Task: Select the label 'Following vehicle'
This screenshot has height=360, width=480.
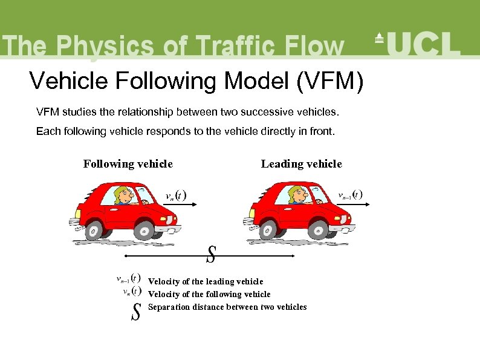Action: pyautogui.click(x=128, y=164)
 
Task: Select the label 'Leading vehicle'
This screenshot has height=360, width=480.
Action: pyautogui.click(x=301, y=164)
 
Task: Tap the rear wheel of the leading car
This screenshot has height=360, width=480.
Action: pyautogui.click(x=267, y=229)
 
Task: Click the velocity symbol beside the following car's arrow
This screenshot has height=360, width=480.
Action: pyautogui.click(x=176, y=196)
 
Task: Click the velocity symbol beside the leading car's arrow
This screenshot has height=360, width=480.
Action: pyautogui.click(x=350, y=195)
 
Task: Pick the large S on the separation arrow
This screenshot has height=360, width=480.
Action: pyautogui.click(x=211, y=255)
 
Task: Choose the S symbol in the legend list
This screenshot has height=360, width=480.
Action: pyautogui.click(x=136, y=311)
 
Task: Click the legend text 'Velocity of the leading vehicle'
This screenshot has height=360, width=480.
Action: pyautogui.click(x=206, y=281)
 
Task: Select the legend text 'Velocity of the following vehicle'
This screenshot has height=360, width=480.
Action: pyautogui.click(x=209, y=294)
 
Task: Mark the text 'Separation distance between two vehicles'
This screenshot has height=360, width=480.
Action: pyautogui.click(x=227, y=307)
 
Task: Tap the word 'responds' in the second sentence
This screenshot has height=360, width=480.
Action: pyautogui.click(x=159, y=131)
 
